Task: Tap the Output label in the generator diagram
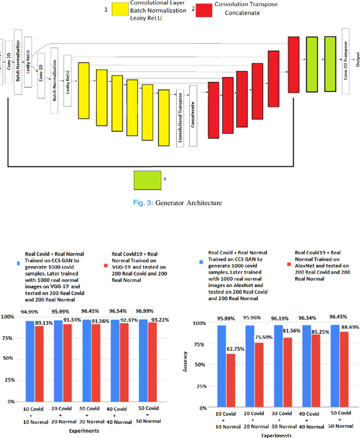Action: [357, 56]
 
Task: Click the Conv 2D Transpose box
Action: [345, 63]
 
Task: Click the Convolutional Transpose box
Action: [180, 117]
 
